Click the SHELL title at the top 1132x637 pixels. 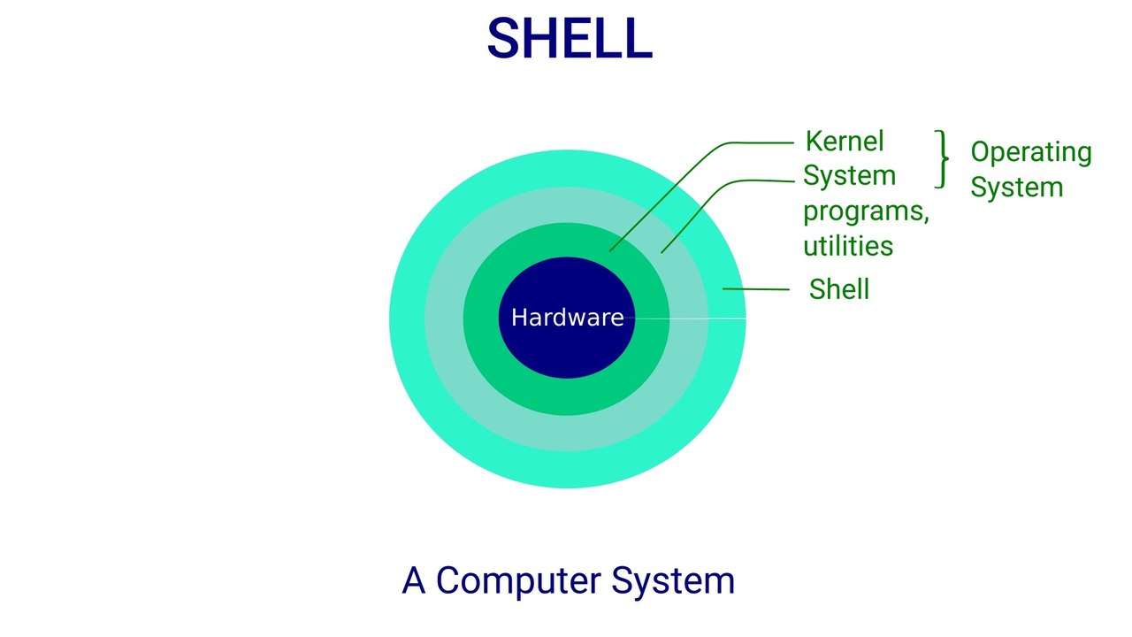point(570,39)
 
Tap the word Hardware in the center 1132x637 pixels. point(567,318)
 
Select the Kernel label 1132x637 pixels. point(845,141)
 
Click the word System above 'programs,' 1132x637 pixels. point(849,175)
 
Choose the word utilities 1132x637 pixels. point(848,245)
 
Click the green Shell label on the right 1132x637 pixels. point(838,289)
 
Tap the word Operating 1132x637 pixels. point(1030,152)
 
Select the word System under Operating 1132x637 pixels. point(1016,187)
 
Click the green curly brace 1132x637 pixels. point(943,159)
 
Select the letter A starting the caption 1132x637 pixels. point(413,580)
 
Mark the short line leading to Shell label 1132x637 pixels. point(755,289)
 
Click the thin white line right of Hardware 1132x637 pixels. point(690,318)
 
